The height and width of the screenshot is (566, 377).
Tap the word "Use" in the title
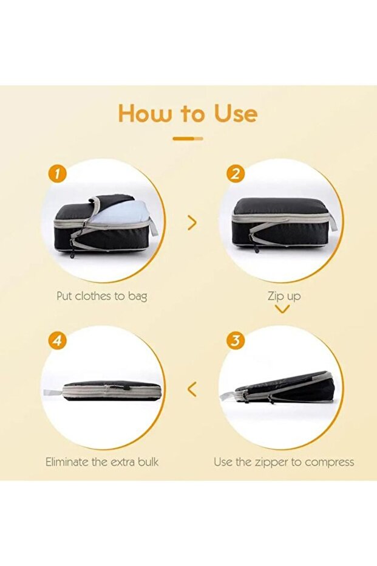click(x=236, y=113)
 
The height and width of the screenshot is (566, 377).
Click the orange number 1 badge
click(x=55, y=174)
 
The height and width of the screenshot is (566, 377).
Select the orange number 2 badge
click(x=235, y=174)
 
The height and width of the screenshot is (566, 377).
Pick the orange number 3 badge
click(x=236, y=340)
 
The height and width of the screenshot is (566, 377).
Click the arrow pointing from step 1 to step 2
click(x=192, y=223)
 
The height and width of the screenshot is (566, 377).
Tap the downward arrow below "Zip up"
click(x=282, y=309)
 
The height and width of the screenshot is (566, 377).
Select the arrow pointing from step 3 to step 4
click(x=192, y=389)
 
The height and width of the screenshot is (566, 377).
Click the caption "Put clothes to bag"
click(x=102, y=296)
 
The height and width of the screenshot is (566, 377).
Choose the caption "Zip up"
click(x=284, y=296)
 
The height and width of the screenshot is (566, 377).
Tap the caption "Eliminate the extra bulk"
click(x=102, y=462)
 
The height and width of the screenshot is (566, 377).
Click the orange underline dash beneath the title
click(x=188, y=138)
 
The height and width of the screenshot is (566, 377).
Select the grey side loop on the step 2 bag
click(x=333, y=221)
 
